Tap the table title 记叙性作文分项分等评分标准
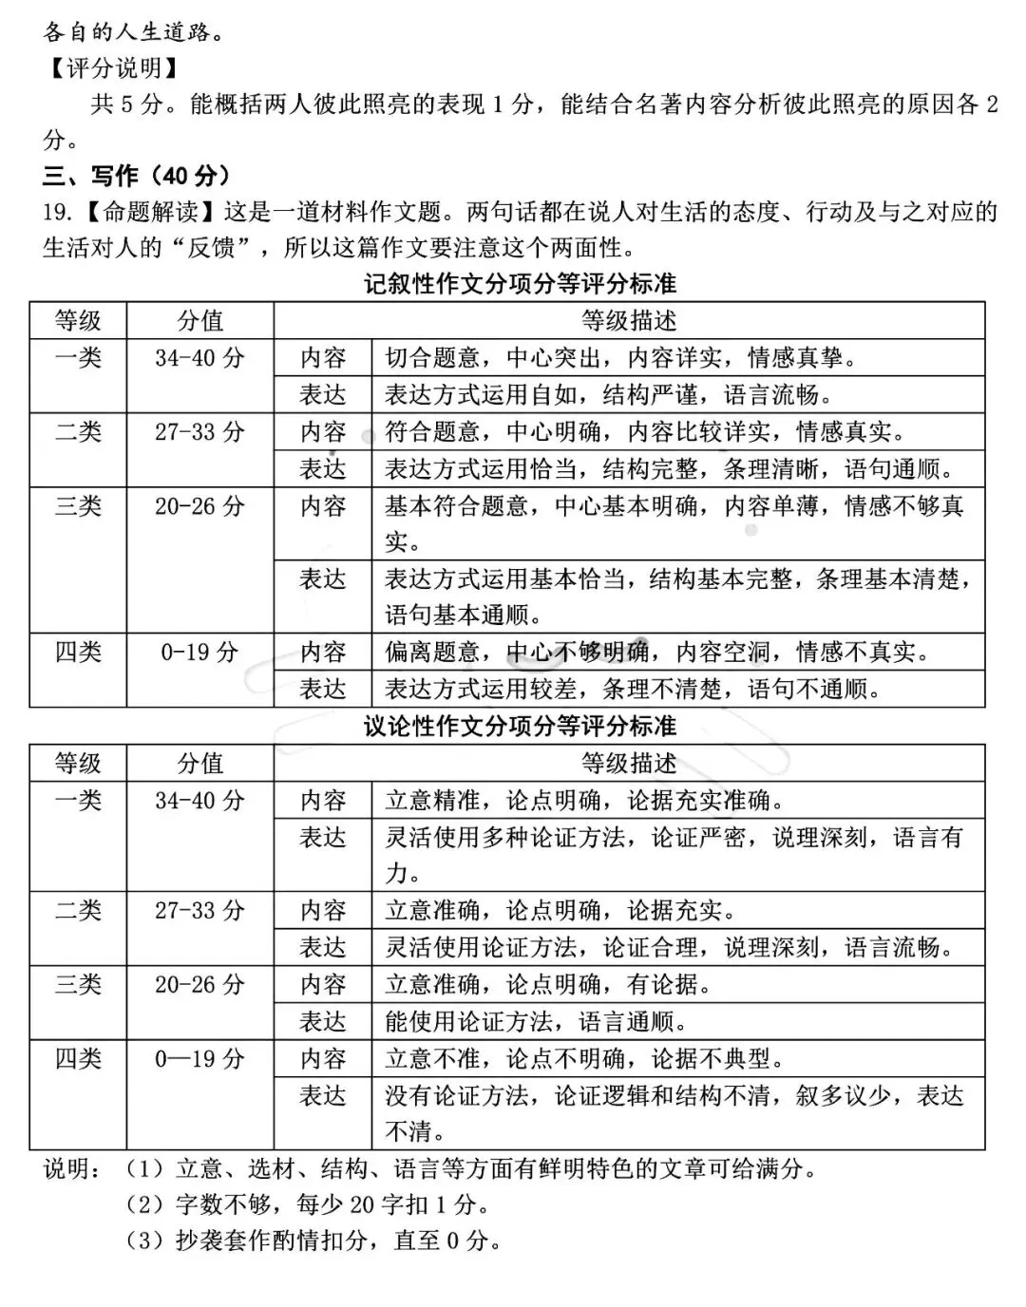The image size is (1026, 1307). point(520,284)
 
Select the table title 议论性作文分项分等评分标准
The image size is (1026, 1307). point(520,727)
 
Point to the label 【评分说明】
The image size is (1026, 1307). point(113,67)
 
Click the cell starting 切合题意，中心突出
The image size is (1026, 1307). point(621,358)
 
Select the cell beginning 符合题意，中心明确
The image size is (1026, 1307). point(645,432)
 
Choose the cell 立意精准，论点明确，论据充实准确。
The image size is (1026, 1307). point(585,801)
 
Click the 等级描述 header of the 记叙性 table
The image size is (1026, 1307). point(629,321)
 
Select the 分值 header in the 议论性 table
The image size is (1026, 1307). point(200,764)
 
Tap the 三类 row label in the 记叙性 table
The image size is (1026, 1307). point(78,506)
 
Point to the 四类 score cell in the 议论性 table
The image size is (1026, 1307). point(200,1059)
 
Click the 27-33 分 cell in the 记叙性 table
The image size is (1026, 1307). point(200,432)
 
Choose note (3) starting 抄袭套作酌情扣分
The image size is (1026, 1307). point(313,1241)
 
